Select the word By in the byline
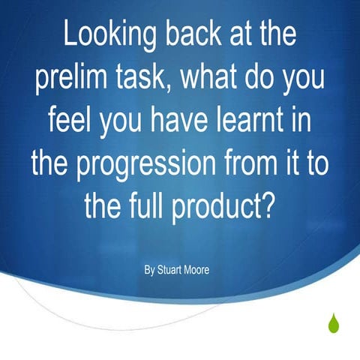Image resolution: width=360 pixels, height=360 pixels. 150,269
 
